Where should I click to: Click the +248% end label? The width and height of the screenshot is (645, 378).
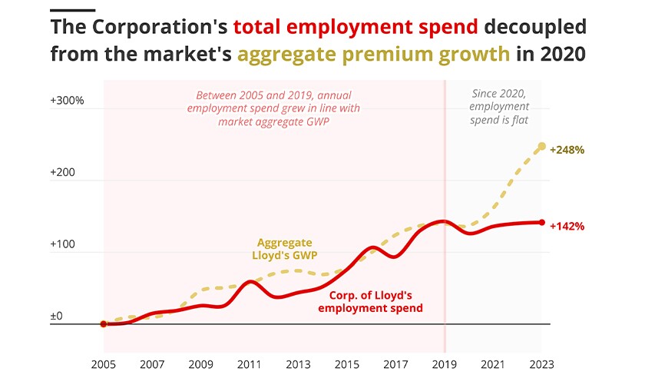pos(569,149)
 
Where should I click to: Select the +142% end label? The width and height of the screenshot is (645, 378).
pos(567,226)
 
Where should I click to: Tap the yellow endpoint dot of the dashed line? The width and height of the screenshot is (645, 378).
pos(541,146)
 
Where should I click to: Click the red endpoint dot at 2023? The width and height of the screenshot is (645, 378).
pos(541,223)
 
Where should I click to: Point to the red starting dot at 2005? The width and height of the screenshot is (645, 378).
pos(104,324)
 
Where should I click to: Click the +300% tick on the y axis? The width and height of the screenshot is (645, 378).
pos(68,101)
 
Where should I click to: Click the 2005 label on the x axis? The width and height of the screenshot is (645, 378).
pos(104,364)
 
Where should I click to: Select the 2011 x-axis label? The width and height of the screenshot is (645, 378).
pos(250,364)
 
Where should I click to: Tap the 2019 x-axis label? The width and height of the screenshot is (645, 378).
pos(445,364)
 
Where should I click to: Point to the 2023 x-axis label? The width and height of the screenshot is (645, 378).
pos(541,364)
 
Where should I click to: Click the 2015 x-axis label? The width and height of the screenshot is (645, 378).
pos(347,364)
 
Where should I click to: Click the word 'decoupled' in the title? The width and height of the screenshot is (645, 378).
pos(534,28)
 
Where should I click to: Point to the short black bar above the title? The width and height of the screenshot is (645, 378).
pos(72,10)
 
